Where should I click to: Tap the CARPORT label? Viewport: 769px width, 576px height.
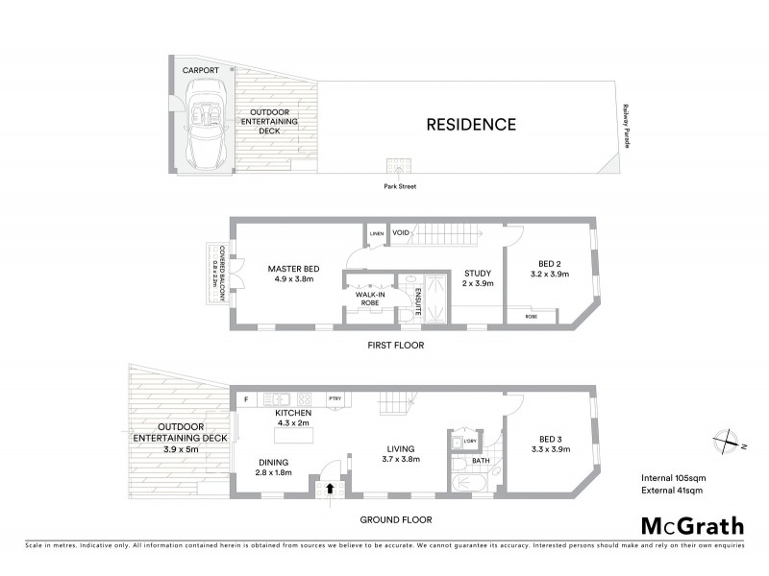202,71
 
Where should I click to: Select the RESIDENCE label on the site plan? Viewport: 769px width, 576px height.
471,124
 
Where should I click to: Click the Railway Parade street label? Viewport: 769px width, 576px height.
626,125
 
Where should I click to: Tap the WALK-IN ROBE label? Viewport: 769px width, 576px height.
369,299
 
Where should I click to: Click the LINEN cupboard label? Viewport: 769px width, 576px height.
376,232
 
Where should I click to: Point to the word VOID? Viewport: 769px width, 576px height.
402,232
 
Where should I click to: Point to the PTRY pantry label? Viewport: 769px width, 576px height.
335,398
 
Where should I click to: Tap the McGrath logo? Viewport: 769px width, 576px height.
692,525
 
